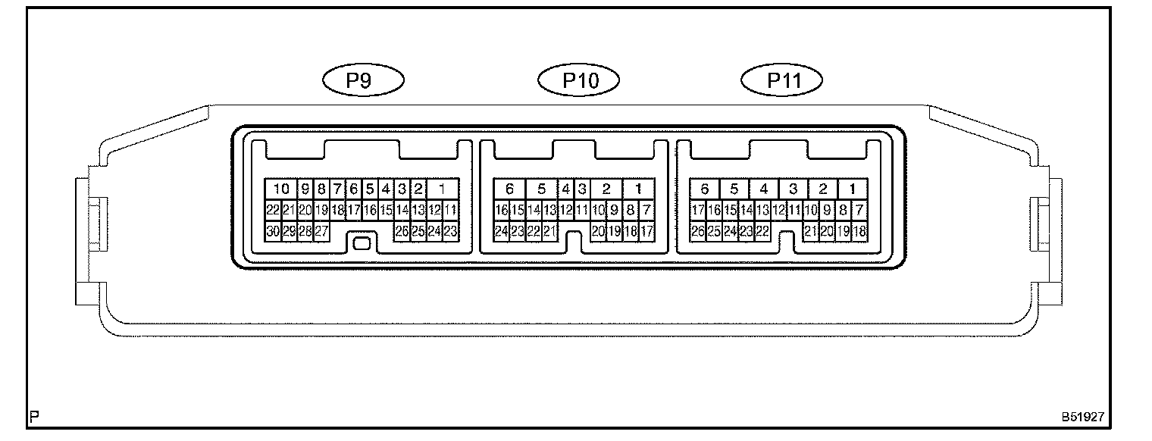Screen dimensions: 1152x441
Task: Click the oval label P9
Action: click(363, 80)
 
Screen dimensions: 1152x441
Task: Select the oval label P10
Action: click(579, 80)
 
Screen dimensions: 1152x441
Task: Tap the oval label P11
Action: click(783, 80)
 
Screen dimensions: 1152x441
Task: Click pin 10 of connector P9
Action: click(281, 189)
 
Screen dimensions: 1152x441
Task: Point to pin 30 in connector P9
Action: click(273, 232)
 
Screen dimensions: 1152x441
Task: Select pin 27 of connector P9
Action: click(321, 232)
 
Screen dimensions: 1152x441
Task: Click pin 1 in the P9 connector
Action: click(442, 189)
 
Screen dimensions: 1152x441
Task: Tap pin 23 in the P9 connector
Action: click(450, 232)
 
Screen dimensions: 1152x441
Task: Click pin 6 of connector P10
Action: click(510, 189)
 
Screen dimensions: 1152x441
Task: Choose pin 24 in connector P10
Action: click(501, 232)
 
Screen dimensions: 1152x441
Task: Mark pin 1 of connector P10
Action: click(638, 189)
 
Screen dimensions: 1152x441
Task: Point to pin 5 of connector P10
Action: click(541, 189)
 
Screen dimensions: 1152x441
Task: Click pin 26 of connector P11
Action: click(697, 232)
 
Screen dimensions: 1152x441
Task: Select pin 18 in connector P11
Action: click(859, 232)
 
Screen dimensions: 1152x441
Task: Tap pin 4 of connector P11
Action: click(763, 189)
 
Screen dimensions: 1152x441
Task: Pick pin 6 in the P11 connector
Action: click(705, 189)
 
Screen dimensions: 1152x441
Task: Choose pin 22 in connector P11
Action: click(762, 232)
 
